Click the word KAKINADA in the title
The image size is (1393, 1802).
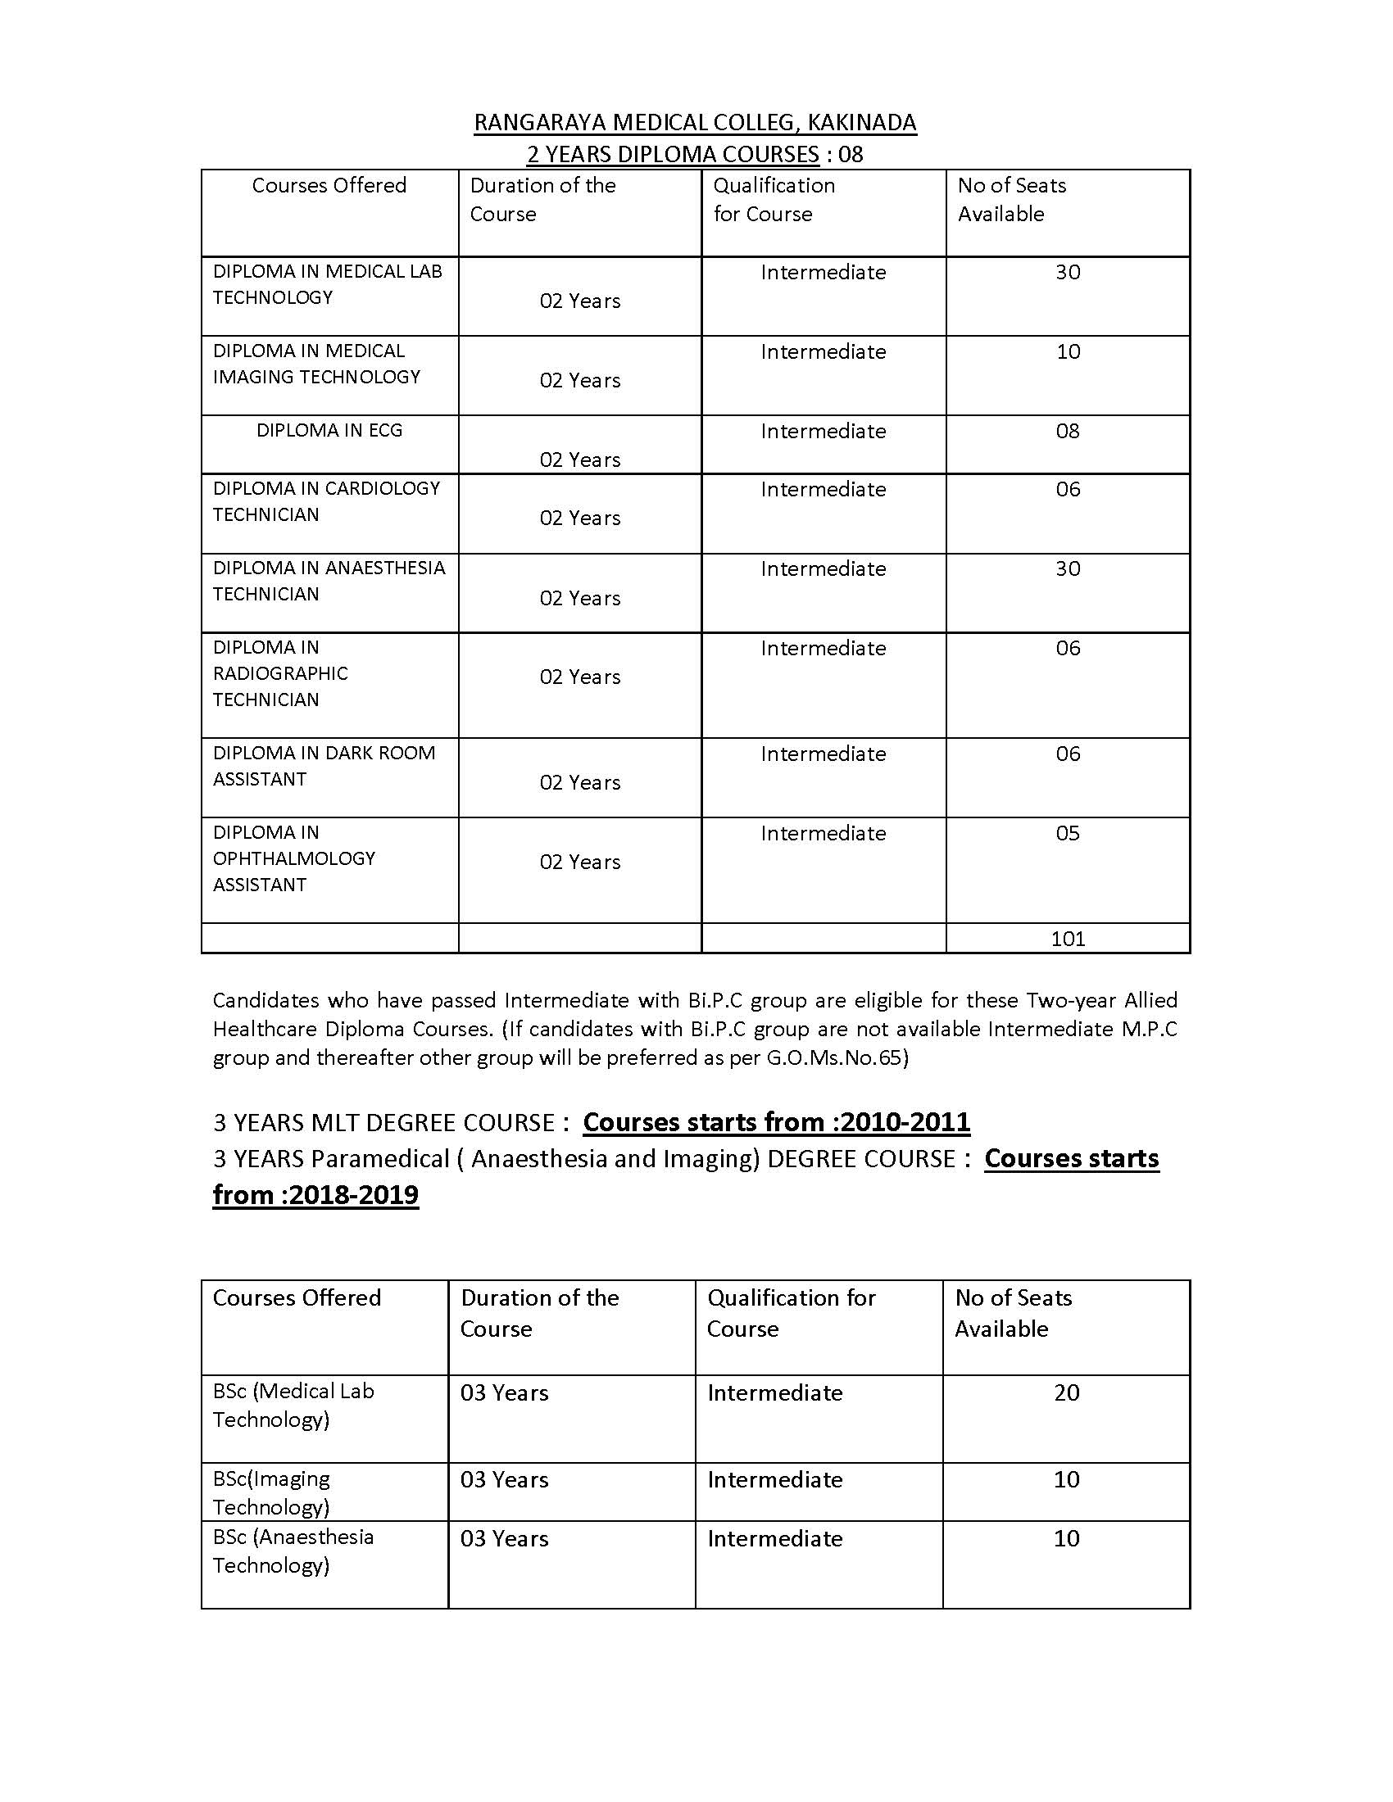861,123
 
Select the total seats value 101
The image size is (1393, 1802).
1068,938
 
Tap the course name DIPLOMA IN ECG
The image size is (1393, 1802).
329,430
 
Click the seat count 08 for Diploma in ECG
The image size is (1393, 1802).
1068,431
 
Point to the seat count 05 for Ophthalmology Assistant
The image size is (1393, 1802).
1068,833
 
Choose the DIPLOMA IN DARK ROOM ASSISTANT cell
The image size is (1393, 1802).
324,766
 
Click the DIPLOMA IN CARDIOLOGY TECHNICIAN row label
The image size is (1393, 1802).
326,500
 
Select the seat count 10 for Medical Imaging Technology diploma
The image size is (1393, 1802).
1068,351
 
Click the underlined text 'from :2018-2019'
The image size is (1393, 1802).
315,1195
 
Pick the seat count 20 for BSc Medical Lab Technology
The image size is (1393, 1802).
1066,1392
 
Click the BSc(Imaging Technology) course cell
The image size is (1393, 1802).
271,1492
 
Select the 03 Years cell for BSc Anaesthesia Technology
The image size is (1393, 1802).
504,1539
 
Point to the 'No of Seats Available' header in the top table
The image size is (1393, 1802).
1012,200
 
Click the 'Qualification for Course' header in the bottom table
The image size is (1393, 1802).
791,1313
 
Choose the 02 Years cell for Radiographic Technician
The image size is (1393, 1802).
580,677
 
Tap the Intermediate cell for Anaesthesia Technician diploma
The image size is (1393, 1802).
823,568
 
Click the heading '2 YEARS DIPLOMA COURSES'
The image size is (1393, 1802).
673,154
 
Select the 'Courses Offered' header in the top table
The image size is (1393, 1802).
329,185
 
